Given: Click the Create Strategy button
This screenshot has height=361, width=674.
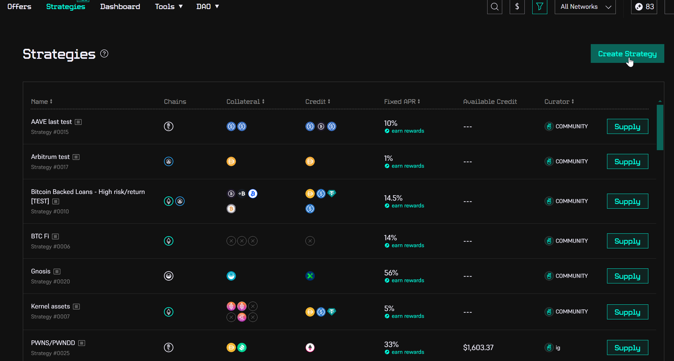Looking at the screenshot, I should [x=627, y=53].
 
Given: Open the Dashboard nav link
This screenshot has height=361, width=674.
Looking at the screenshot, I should [x=120, y=7].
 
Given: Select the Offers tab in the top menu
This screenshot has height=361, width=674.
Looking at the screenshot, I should [x=19, y=7].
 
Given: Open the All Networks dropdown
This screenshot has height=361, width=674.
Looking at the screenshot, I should [x=585, y=7].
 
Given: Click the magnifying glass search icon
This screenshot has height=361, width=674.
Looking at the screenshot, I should [x=494, y=7].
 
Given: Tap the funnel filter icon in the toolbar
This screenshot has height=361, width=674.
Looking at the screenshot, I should [x=539, y=7].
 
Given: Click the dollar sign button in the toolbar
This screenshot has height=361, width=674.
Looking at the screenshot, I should [x=517, y=7].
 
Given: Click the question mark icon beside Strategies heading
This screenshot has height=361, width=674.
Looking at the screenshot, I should [x=104, y=54].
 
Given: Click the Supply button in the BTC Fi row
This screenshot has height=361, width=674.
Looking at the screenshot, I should [x=627, y=241].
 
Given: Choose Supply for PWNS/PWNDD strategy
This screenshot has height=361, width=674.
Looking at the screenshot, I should [x=627, y=348].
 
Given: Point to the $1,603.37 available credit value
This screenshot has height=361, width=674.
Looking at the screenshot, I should [x=478, y=348].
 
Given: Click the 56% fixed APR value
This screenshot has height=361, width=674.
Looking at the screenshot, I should [x=391, y=273].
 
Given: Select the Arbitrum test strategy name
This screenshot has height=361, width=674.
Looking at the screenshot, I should [x=50, y=157].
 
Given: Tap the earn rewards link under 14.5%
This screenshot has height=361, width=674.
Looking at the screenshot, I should [x=407, y=206].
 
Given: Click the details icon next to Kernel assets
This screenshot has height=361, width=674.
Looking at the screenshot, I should [x=76, y=307].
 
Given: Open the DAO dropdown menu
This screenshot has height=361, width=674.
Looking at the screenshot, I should [x=207, y=7].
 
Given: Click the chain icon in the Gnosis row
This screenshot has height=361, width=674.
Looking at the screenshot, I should [x=169, y=276].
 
